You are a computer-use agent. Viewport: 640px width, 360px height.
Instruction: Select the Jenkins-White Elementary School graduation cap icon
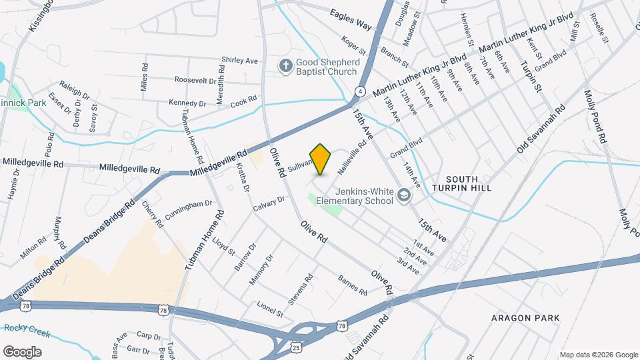tap(403, 195)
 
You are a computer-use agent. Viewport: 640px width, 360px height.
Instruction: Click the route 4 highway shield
tap(360, 91)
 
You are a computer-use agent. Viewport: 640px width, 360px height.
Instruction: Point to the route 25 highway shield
tap(295, 347)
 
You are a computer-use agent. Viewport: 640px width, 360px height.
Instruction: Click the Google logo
tap(22, 352)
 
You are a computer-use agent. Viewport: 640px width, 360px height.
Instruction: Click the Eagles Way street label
tap(350, 18)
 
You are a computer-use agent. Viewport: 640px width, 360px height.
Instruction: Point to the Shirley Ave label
tap(239, 61)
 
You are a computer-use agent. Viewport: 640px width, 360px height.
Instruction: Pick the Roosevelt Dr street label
tap(195, 80)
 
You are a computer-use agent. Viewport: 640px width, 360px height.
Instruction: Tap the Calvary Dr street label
tap(269, 204)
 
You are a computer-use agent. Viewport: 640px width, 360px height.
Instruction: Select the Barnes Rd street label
tap(352, 285)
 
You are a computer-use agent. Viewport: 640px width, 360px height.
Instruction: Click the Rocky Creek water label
tap(25, 328)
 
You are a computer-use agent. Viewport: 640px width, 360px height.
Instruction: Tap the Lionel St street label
tap(271, 309)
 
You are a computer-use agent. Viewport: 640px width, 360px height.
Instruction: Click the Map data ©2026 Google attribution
tap(598, 355)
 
